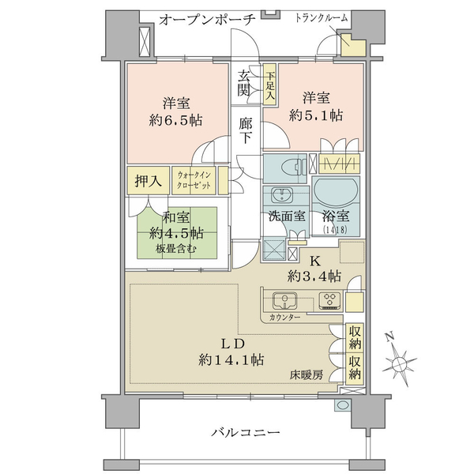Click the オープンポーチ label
coord(207,20)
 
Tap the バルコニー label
coord(246,433)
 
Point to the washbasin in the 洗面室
coord(282,194)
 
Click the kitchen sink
coord(284,300)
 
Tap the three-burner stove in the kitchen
coord(330,300)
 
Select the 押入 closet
coord(148,180)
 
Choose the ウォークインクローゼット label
coord(194,180)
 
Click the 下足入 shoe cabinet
coord(269,84)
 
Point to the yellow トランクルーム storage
coord(353,45)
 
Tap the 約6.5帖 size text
coord(175,121)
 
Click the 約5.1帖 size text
coord(315,115)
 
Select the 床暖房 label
coord(307,375)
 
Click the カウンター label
coord(284,317)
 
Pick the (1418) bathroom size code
coord(335,229)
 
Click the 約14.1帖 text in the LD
coord(231,359)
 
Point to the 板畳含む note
coord(175,249)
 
